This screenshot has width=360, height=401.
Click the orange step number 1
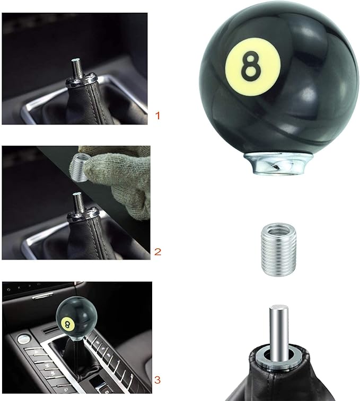[157, 114]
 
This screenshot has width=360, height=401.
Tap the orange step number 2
[157, 251]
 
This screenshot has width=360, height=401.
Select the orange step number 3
[157, 380]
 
